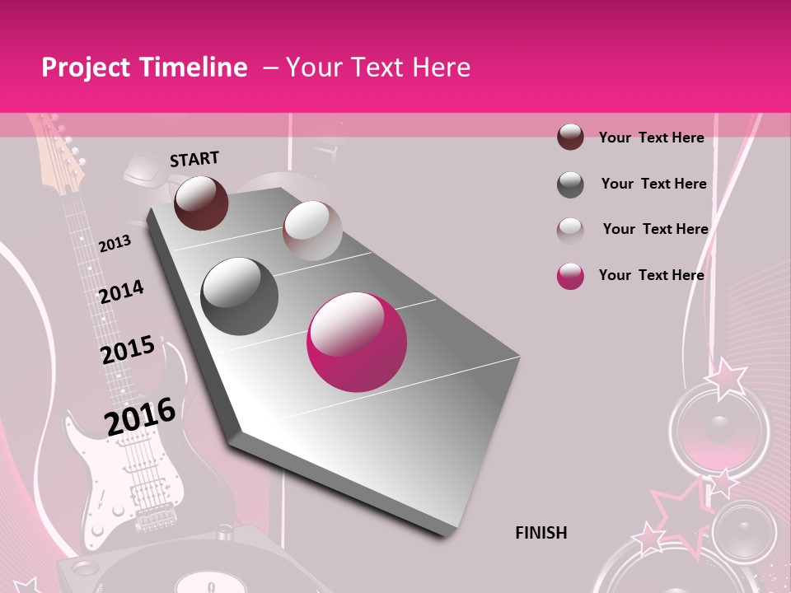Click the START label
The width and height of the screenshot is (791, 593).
coord(194,159)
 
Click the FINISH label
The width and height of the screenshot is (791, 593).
coord(541,533)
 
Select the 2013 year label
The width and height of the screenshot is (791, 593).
coord(115,244)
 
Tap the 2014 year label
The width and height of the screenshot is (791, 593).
coord(121,292)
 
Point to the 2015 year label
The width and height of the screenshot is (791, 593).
coord(128,350)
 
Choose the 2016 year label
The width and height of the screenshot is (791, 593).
coord(140,416)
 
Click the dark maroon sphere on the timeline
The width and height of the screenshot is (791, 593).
coord(202,203)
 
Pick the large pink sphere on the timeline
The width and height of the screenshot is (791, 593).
coord(356,343)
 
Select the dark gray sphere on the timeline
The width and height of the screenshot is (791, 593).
coord(240,296)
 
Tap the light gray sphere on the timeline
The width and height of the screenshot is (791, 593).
coord(311,231)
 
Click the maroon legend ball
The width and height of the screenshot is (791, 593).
coord(570,137)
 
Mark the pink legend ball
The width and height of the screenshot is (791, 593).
coord(570,276)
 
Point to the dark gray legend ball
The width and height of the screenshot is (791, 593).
coord(570,184)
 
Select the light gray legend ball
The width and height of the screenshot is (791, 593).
coord(570,230)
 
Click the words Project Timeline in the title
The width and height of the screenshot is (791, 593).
coord(144,68)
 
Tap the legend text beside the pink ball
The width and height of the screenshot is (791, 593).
coord(651,275)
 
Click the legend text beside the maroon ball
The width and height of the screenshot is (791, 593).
coord(651,138)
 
